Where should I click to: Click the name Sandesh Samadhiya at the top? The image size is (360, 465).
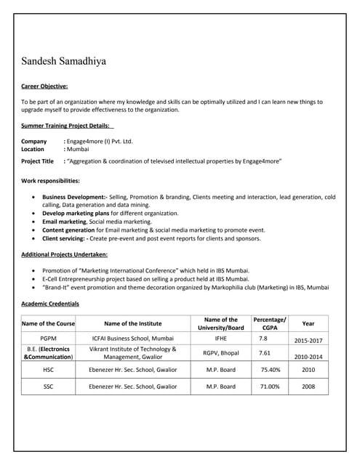point(63,62)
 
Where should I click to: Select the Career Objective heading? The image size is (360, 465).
point(44,86)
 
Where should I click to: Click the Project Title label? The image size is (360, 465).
point(37,161)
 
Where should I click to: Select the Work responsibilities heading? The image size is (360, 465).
point(50,180)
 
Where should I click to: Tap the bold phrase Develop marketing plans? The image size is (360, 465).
point(76,214)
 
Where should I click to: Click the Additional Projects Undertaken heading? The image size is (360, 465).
point(64,254)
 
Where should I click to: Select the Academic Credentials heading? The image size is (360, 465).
point(50,303)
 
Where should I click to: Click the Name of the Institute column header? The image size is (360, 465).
point(133,323)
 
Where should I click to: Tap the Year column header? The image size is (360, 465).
point(308,323)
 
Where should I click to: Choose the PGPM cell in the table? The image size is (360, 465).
point(48,339)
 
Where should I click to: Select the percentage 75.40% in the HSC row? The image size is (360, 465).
point(270,370)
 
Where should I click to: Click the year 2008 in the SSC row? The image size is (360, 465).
point(308,387)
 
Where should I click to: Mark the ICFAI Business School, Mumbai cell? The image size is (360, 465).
point(133,339)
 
